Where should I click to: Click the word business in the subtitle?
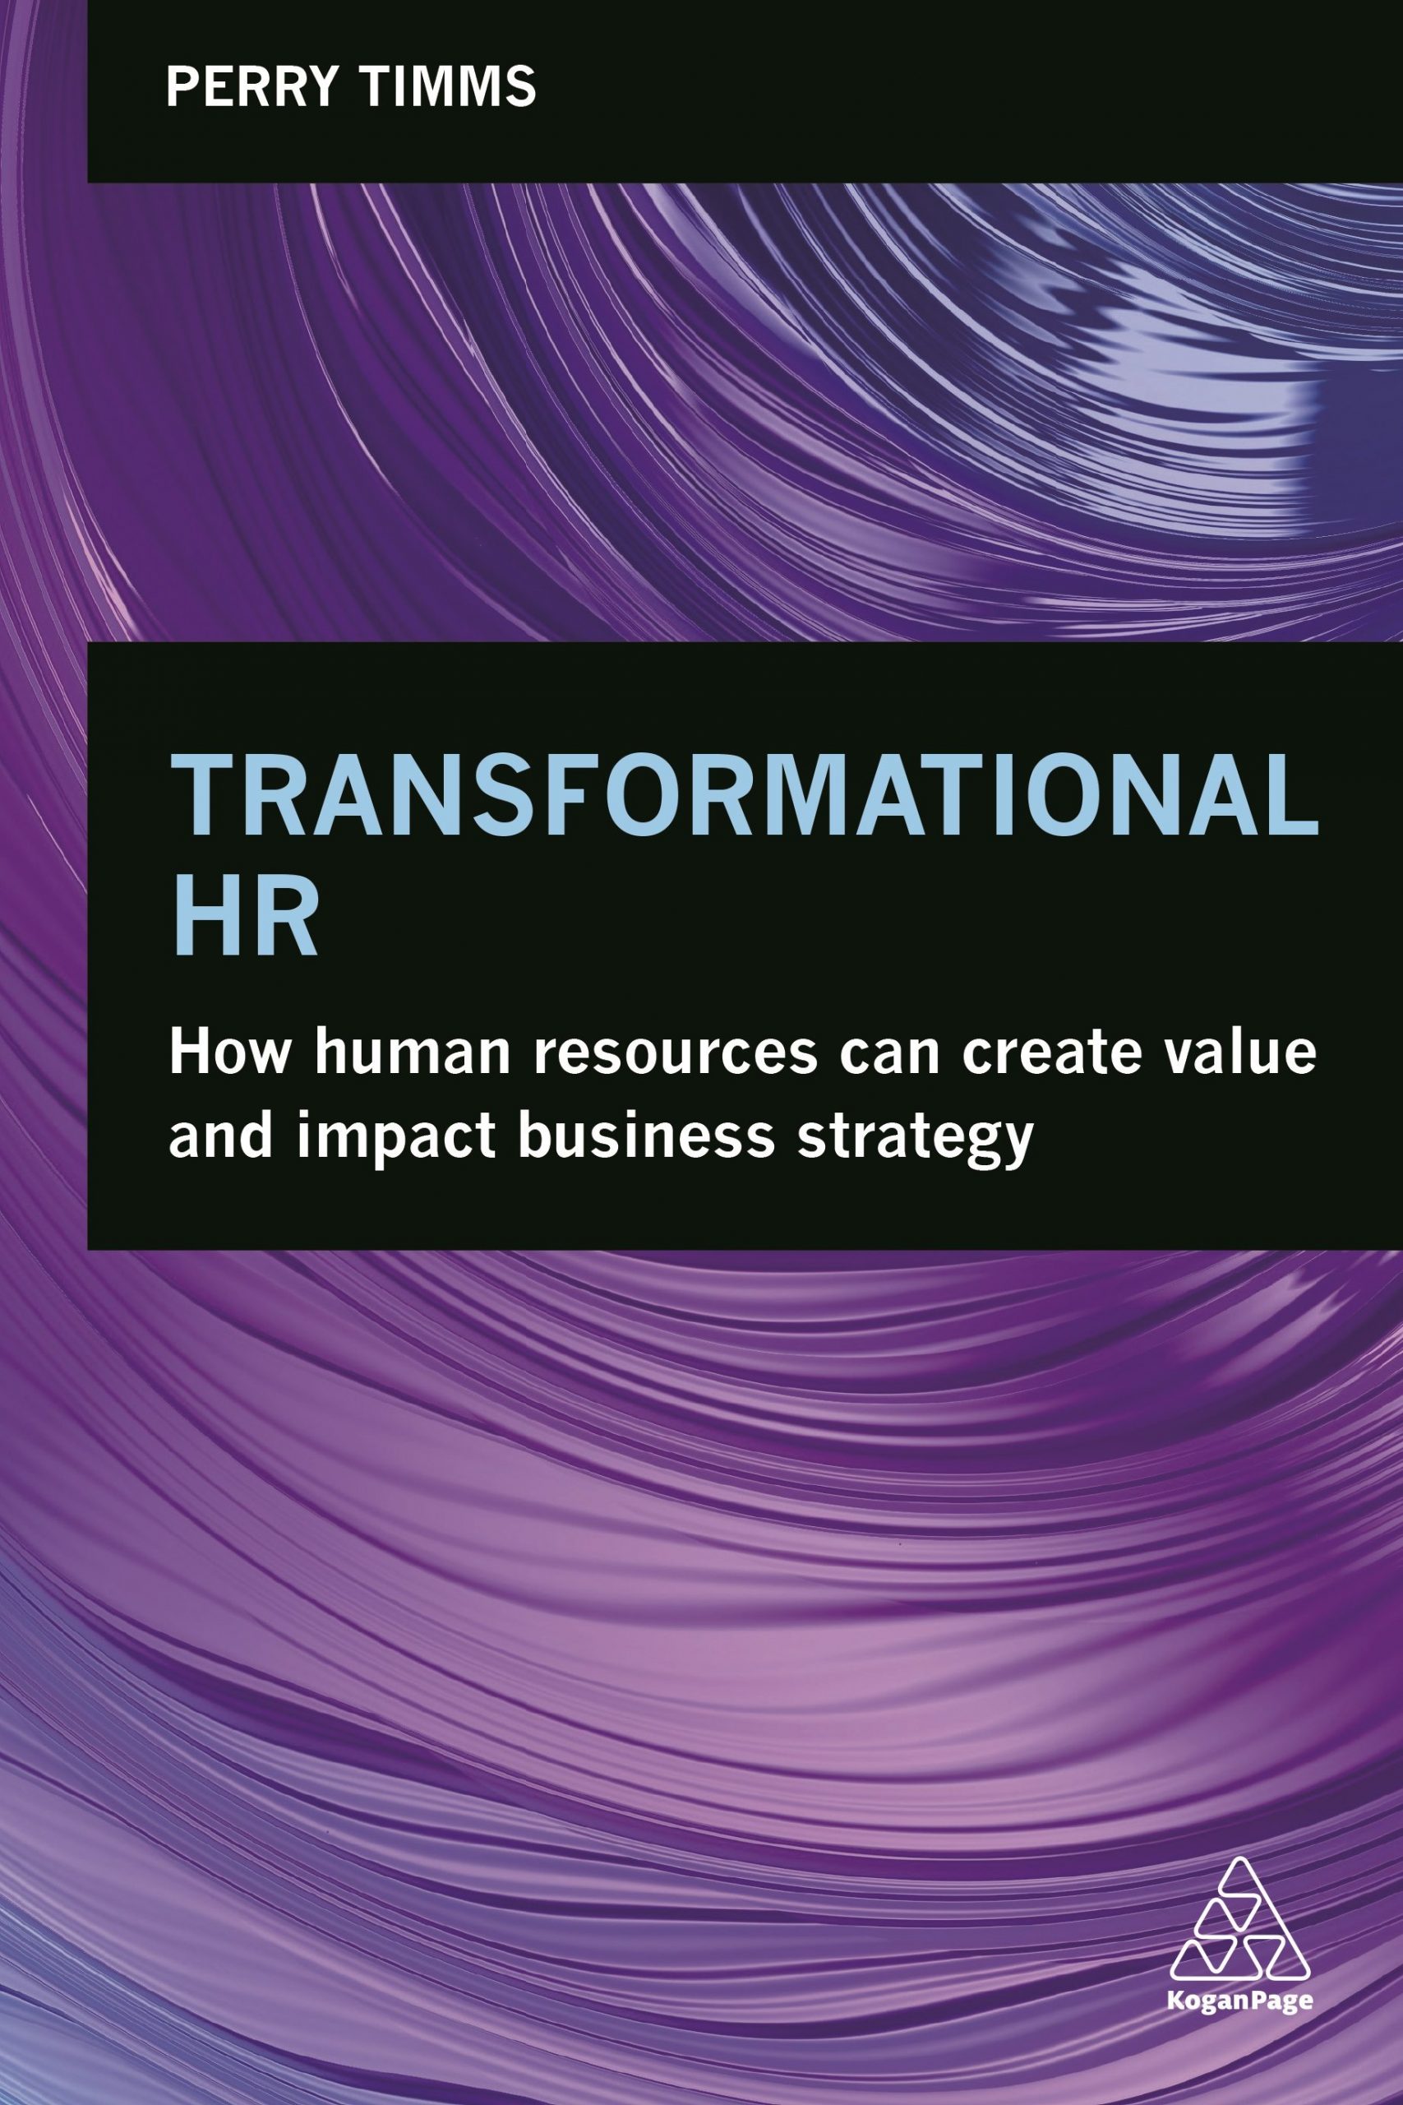[645, 1136]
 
